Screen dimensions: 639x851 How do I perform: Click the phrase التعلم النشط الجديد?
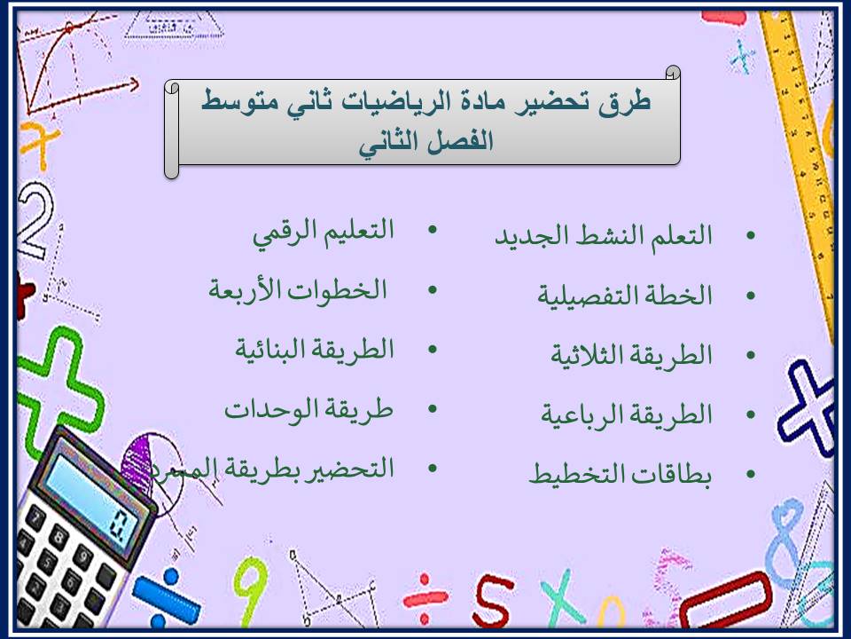(x=603, y=237)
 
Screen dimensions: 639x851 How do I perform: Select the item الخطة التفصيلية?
(x=625, y=296)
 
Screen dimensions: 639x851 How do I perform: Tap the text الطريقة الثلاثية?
(x=631, y=355)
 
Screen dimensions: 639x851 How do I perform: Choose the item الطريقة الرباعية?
(x=627, y=414)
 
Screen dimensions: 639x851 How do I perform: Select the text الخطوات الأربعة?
(x=298, y=290)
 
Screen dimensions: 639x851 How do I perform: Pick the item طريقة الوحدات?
(x=308, y=409)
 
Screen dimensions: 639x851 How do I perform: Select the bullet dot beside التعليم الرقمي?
(x=433, y=232)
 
